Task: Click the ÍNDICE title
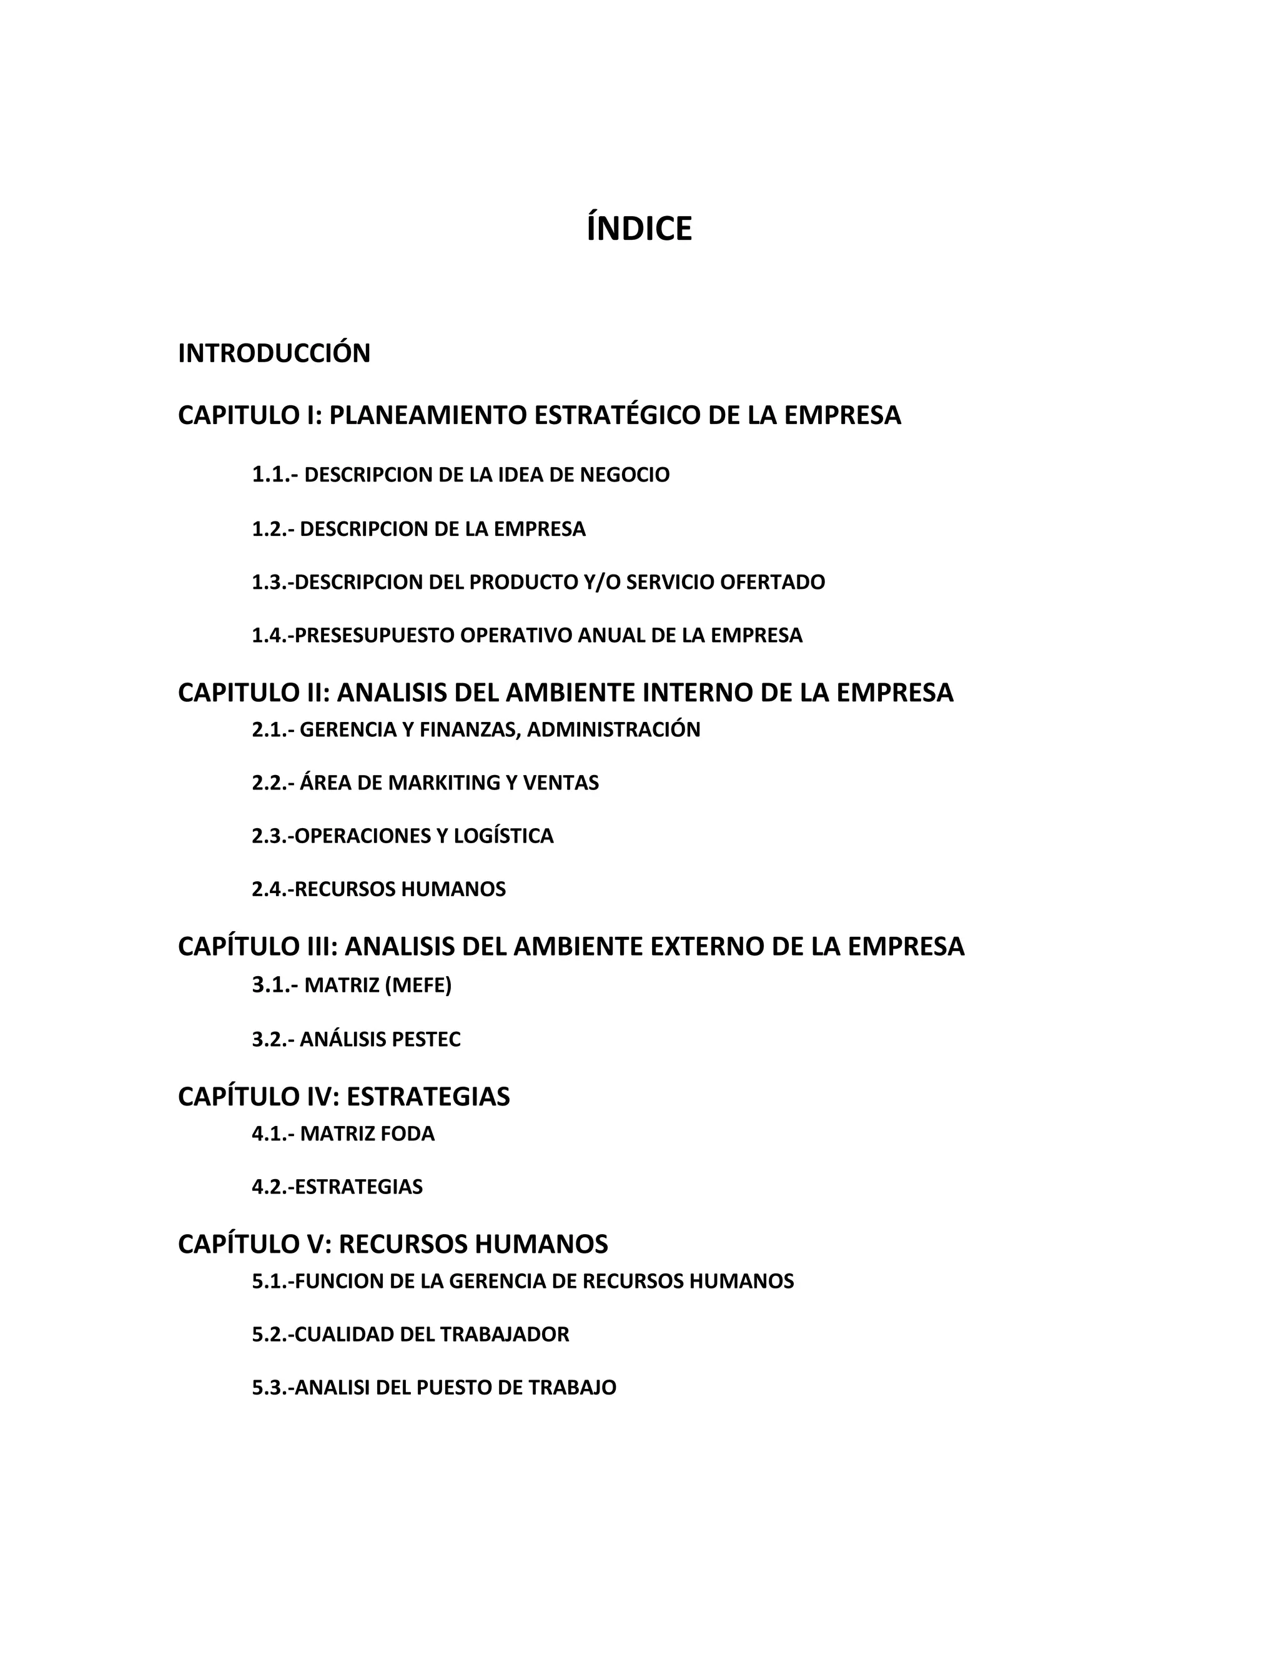639,229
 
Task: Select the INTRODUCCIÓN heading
274,353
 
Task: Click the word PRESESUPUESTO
373,635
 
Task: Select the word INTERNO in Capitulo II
697,693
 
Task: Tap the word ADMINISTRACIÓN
613,729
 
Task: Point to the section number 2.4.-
273,889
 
